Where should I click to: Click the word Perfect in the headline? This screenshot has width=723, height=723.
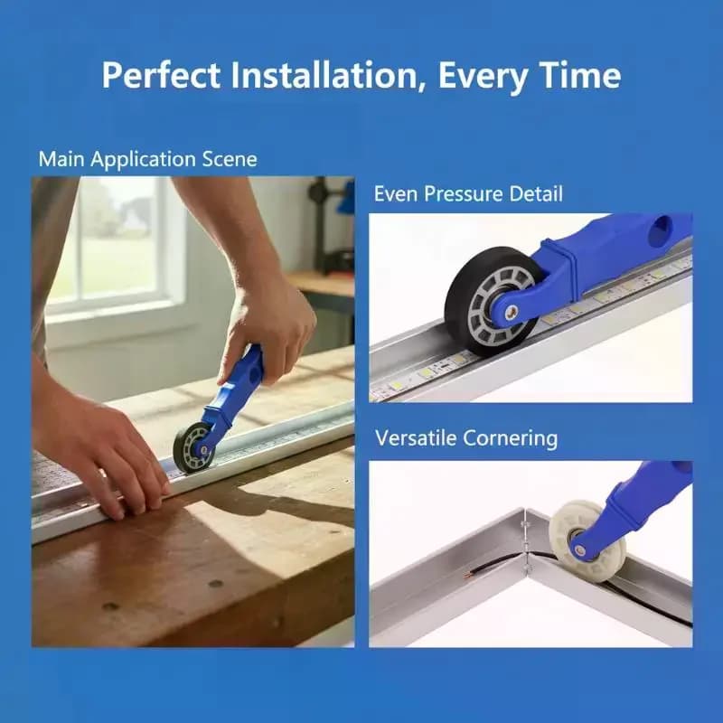161,75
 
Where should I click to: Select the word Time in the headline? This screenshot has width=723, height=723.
580,74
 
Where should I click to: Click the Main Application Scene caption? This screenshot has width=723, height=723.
147,159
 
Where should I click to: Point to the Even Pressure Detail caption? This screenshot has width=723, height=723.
468,193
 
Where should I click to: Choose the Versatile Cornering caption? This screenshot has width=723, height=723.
466,438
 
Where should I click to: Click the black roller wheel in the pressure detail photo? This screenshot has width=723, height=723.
491,301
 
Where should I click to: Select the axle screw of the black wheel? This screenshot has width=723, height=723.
509,313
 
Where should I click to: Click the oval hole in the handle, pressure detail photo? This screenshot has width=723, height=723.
661,230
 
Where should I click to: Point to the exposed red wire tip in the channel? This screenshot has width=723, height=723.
466,575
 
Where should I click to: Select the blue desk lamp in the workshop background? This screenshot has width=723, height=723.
346,199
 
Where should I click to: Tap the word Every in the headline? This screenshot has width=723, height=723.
482,76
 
